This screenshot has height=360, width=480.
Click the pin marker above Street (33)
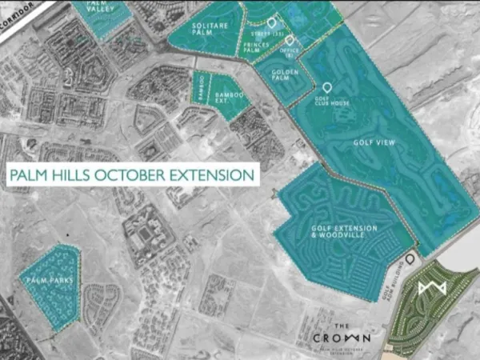point(271,23)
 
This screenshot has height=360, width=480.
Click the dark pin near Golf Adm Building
point(410,259)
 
